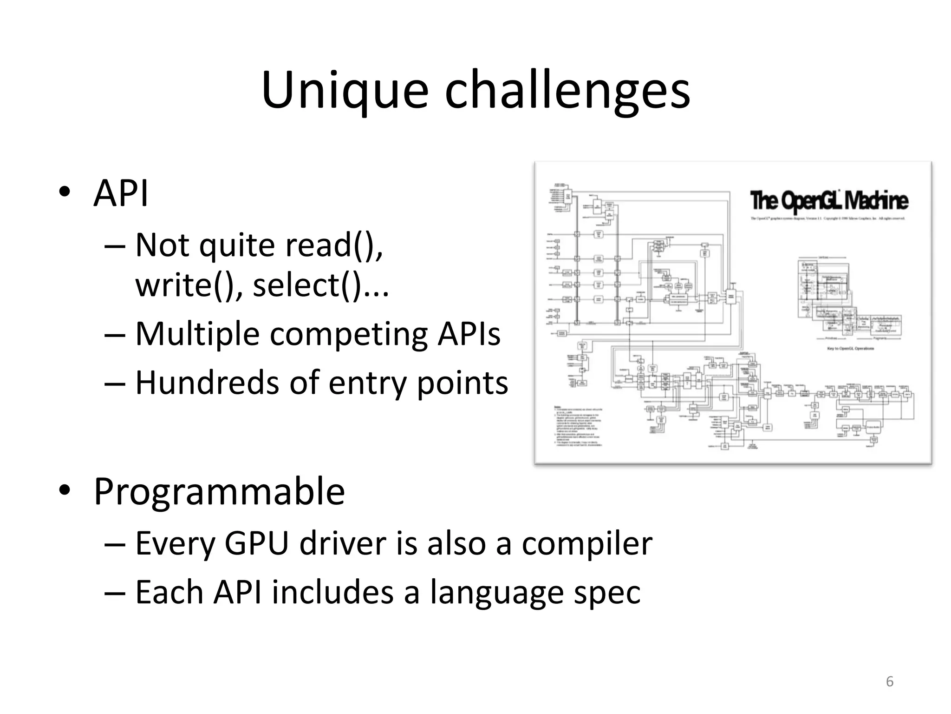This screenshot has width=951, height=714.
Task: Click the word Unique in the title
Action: (x=344, y=91)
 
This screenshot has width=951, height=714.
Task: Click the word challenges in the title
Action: (x=567, y=91)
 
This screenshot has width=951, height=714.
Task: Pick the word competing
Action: (x=348, y=335)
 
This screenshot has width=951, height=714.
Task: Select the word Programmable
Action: (x=219, y=492)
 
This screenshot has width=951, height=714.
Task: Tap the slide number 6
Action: (x=890, y=681)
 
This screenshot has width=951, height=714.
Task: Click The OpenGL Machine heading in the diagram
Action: (x=829, y=201)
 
